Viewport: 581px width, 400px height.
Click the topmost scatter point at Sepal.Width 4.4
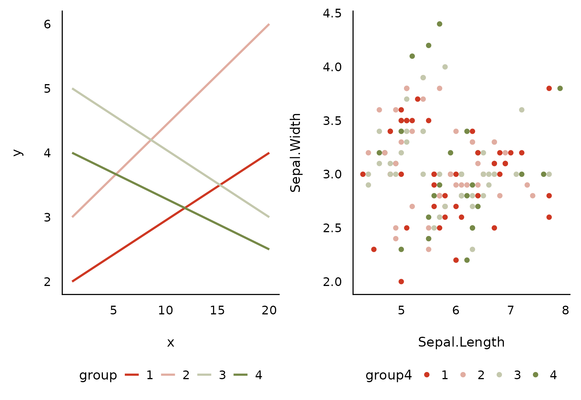pos(440,24)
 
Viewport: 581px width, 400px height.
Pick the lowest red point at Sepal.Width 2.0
pos(401,281)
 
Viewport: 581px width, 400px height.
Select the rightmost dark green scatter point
pos(560,88)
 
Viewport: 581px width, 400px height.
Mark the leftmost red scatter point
pos(363,174)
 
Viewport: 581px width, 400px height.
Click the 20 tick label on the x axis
pos(269,311)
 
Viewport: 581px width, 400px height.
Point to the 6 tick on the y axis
pos(47,24)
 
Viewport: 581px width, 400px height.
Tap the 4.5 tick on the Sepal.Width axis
pos(332,13)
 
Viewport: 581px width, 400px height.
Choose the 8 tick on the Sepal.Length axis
pos(565,311)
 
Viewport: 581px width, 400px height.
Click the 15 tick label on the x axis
pos(217,311)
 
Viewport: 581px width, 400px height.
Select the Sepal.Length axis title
pos(461,342)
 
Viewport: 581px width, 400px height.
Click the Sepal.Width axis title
pos(296,153)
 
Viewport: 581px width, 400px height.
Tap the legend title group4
pos(388,375)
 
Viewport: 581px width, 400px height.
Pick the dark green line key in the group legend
pos(241,375)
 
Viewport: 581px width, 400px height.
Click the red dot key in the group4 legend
pos(427,375)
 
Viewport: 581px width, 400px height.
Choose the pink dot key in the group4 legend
pos(463,375)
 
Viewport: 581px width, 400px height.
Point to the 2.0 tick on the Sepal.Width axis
pos(332,282)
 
